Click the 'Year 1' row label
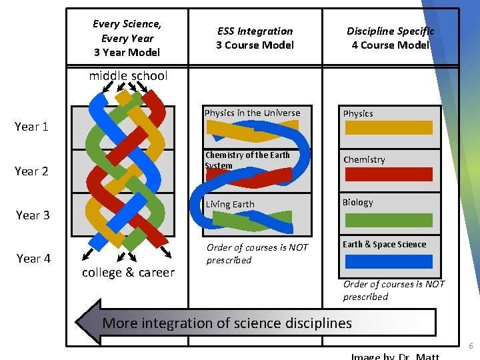31,127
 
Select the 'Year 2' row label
31,171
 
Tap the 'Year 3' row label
33,215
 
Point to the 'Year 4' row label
33,259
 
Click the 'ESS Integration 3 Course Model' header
255,38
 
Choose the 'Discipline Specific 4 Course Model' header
390,38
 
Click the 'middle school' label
128,76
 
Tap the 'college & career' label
128,272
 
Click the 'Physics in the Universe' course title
252,113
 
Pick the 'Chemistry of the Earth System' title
247,160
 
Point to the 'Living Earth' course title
229,205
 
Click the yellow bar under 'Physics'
388,128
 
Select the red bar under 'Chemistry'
388,174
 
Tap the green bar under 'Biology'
388,220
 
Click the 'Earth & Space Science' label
384,245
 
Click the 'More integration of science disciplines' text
227,323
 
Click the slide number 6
471,347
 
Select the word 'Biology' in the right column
357,203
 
